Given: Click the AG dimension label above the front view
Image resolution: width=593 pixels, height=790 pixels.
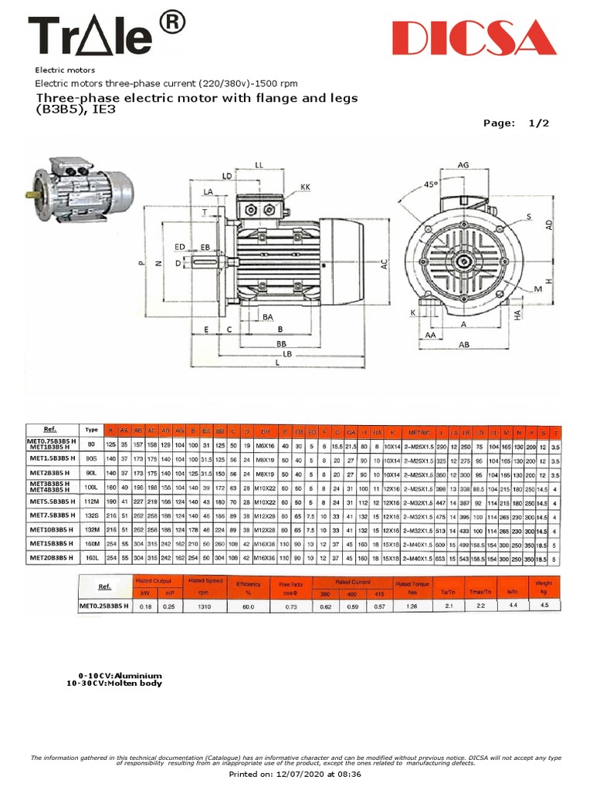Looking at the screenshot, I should [463, 165].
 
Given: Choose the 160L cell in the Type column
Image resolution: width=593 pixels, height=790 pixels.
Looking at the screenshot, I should [91, 559].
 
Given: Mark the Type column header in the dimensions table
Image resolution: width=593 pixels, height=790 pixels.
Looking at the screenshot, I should [91, 430].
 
